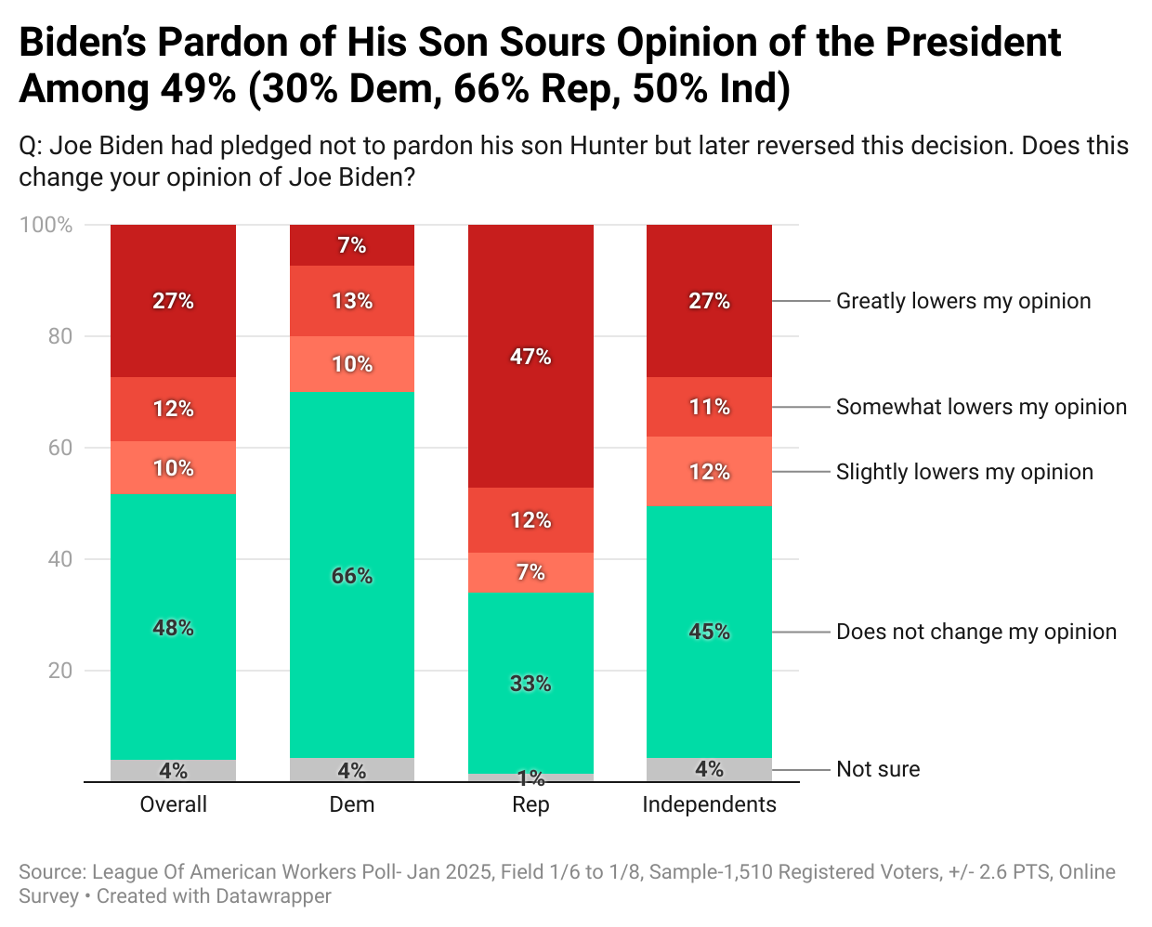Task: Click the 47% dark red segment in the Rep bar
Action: pos(530,357)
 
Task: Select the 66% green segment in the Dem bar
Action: pos(352,575)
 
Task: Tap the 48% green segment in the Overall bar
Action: pos(173,627)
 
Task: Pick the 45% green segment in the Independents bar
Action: pos(709,632)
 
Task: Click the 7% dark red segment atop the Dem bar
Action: pos(352,245)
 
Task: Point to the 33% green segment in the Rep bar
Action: pos(530,683)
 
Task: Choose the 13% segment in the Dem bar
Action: pos(352,301)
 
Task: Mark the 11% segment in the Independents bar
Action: pos(709,407)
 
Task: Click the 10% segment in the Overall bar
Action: pos(173,468)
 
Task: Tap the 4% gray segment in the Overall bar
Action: pos(173,771)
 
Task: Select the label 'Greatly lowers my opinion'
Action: pos(963,301)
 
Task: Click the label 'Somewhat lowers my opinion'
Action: pos(981,407)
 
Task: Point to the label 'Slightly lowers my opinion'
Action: pos(964,472)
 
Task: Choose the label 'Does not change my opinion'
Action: pos(976,632)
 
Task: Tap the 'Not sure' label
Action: pos(878,769)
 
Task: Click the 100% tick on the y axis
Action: pos(46,225)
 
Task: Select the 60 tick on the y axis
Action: pos(60,448)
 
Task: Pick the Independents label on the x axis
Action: pos(709,804)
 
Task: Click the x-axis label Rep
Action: pos(530,804)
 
